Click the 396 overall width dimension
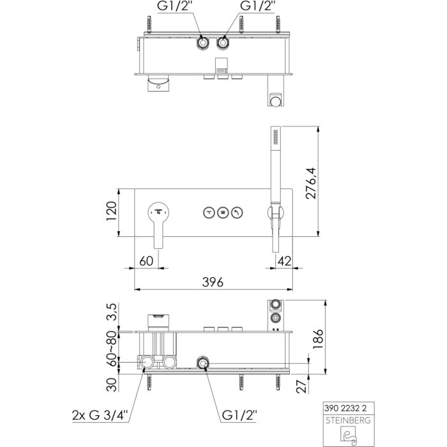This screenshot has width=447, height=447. [213, 281]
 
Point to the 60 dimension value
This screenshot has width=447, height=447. [147, 260]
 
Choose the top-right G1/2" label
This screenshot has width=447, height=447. [257, 8]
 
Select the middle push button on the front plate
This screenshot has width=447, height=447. [223, 213]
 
